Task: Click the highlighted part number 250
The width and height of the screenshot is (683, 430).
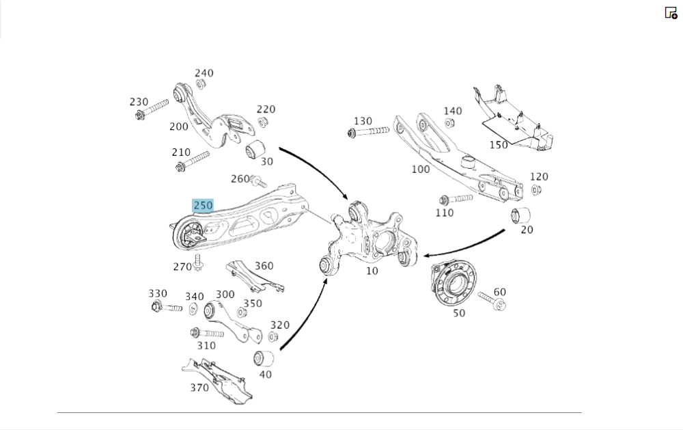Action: [x=203, y=205]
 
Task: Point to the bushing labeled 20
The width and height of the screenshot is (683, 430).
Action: [x=521, y=215]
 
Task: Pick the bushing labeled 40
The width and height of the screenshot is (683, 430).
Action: [x=264, y=358]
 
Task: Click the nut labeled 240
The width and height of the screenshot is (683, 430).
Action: [x=201, y=85]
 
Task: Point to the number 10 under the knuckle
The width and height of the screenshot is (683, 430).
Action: [x=372, y=271]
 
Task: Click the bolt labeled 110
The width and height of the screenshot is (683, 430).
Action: [x=456, y=199]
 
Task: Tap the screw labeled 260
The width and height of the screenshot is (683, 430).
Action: [x=258, y=182]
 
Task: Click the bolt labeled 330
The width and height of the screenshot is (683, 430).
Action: [x=166, y=307]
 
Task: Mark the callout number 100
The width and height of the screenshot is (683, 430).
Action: [x=420, y=168]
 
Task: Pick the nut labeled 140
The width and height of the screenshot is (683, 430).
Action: [x=450, y=123]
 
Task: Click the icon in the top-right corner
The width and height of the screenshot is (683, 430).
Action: [x=671, y=13]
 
